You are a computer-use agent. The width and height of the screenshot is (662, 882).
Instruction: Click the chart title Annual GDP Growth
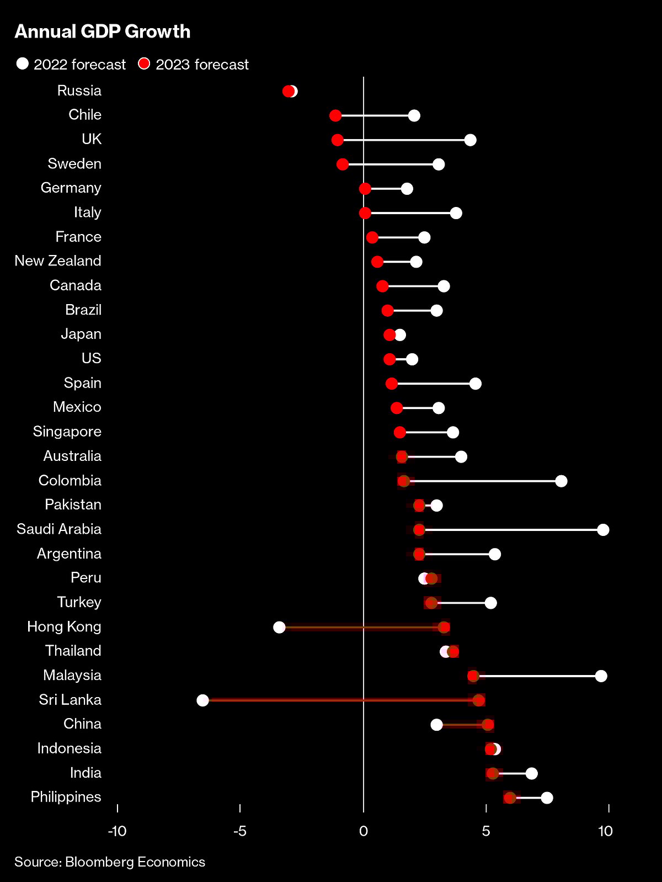point(103,31)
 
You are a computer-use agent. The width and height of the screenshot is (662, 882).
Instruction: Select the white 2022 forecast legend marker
point(23,64)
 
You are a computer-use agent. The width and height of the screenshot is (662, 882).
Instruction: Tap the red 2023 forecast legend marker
point(144,64)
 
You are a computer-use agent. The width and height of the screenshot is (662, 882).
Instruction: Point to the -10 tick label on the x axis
point(117,831)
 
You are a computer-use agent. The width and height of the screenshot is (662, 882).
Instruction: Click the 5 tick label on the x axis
point(486,831)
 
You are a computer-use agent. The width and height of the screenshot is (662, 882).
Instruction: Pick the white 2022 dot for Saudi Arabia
point(603,530)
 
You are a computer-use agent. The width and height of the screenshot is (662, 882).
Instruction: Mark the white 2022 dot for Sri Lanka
point(202,700)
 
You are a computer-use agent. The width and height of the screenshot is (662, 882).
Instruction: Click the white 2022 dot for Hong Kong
point(279,627)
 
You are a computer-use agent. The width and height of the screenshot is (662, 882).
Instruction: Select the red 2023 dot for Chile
point(335,116)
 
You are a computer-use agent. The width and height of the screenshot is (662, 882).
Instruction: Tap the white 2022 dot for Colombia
point(561,481)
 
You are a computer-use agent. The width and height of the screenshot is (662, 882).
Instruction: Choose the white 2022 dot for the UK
point(470,140)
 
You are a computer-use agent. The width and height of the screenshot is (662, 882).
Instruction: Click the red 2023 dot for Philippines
point(510,798)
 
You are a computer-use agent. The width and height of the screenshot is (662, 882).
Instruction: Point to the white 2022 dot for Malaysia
point(601,676)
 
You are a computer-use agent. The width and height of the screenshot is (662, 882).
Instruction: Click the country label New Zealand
point(58,261)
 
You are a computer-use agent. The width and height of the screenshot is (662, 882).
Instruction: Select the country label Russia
point(79,91)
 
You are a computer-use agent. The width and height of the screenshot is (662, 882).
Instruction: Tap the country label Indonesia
point(70,748)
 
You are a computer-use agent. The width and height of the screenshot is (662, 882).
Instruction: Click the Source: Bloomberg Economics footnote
point(110,862)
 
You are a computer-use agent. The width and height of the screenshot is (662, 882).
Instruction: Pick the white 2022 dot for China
point(436,725)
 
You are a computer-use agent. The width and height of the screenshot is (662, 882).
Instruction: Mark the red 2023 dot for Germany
point(365,189)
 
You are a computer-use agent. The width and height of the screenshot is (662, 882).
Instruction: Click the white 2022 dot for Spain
point(475,384)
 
